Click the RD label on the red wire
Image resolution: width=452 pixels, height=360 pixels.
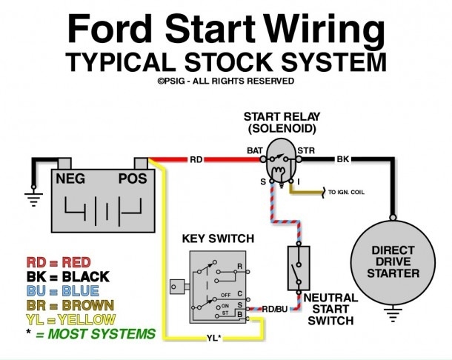point(196,159)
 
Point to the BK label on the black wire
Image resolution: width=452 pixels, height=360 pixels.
point(343,159)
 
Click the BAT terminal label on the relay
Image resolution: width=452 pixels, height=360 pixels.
point(255,150)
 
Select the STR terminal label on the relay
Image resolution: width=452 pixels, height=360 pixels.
point(306,150)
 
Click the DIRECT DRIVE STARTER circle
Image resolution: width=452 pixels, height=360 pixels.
point(393,263)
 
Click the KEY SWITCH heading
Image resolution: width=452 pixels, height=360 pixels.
point(217,239)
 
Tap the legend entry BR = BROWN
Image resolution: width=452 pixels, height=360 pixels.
point(70,305)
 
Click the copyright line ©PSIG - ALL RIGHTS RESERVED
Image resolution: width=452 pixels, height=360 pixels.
point(225,81)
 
